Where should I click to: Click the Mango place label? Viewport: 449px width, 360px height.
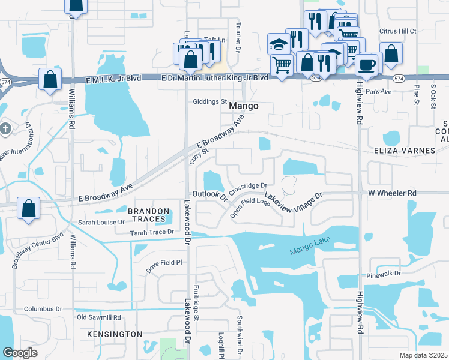click(x=244, y=106)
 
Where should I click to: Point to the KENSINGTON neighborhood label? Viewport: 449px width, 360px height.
click(x=115, y=334)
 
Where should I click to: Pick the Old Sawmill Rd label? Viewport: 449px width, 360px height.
click(x=99, y=317)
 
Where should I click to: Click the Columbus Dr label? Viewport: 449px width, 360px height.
click(x=43, y=309)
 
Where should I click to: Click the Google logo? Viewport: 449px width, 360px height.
click(x=20, y=353)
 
